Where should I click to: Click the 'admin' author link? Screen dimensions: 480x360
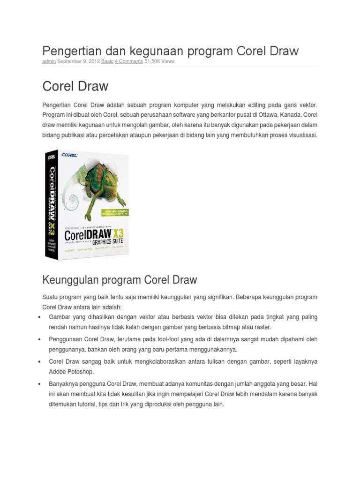(49, 61)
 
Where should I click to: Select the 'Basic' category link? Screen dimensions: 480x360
(107, 61)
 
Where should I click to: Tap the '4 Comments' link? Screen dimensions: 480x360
(129, 61)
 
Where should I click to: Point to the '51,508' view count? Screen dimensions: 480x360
(152, 61)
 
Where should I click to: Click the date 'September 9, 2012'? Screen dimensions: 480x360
(75, 61)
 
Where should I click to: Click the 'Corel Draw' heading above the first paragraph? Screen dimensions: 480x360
(75, 86)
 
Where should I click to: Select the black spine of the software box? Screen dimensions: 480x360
(51, 206)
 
